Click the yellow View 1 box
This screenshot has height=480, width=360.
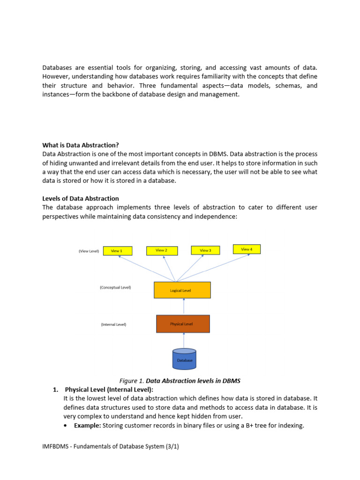point(117,251)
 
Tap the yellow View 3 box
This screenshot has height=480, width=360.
point(205,250)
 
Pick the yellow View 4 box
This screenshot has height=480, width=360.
point(247,249)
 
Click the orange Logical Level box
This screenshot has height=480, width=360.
point(182,290)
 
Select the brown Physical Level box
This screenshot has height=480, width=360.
point(183,324)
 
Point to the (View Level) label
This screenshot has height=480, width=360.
point(89,251)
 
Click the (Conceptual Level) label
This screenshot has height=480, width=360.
point(115,287)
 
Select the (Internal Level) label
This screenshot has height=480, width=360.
point(114,324)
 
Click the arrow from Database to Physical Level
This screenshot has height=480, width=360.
point(184,340)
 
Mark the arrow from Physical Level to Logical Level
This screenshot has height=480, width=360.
point(184,307)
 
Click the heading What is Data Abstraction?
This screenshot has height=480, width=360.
point(84,145)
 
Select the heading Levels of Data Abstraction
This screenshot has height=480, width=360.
point(81,198)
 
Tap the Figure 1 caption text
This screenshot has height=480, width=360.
point(180,380)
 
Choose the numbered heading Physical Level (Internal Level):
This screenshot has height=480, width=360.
point(109,390)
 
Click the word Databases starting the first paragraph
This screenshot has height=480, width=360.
point(58,68)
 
